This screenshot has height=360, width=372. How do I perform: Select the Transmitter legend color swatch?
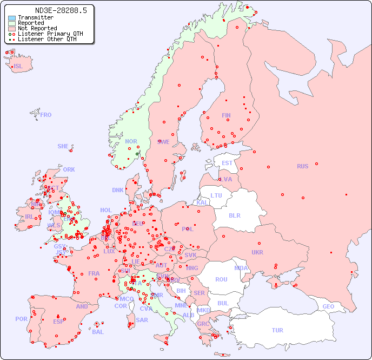point(12,18)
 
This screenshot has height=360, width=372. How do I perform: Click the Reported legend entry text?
point(31,23)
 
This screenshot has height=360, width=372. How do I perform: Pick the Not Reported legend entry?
point(37,29)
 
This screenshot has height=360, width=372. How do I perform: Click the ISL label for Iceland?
point(18,67)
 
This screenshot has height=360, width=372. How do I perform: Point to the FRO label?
point(46,115)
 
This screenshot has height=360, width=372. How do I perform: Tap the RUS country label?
point(302,166)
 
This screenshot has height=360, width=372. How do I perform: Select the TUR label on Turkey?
point(277,330)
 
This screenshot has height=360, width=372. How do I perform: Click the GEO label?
point(328,306)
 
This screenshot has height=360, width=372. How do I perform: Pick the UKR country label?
point(257,252)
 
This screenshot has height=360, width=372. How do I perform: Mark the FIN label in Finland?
point(226,115)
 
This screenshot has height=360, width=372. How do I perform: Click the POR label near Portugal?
point(21,319)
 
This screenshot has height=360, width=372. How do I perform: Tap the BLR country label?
point(234,215)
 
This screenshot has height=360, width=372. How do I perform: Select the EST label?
point(227,163)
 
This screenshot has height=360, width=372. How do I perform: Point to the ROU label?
point(221,279)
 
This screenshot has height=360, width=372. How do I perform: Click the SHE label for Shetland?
point(63,146)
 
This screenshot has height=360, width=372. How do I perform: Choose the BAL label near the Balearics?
point(97,332)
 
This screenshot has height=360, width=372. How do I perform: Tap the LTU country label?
point(216,195)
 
